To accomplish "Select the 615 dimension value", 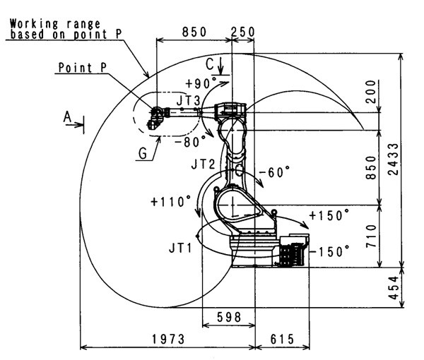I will [x=283, y=339].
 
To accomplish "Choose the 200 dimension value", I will [x=372, y=95].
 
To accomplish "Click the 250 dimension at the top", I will [x=243, y=32].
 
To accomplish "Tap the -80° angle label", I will [x=189, y=141].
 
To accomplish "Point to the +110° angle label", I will [x=170, y=201].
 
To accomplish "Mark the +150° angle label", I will [x=330, y=215].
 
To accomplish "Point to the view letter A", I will [x=69, y=117].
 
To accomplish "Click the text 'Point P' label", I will [x=82, y=69].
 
